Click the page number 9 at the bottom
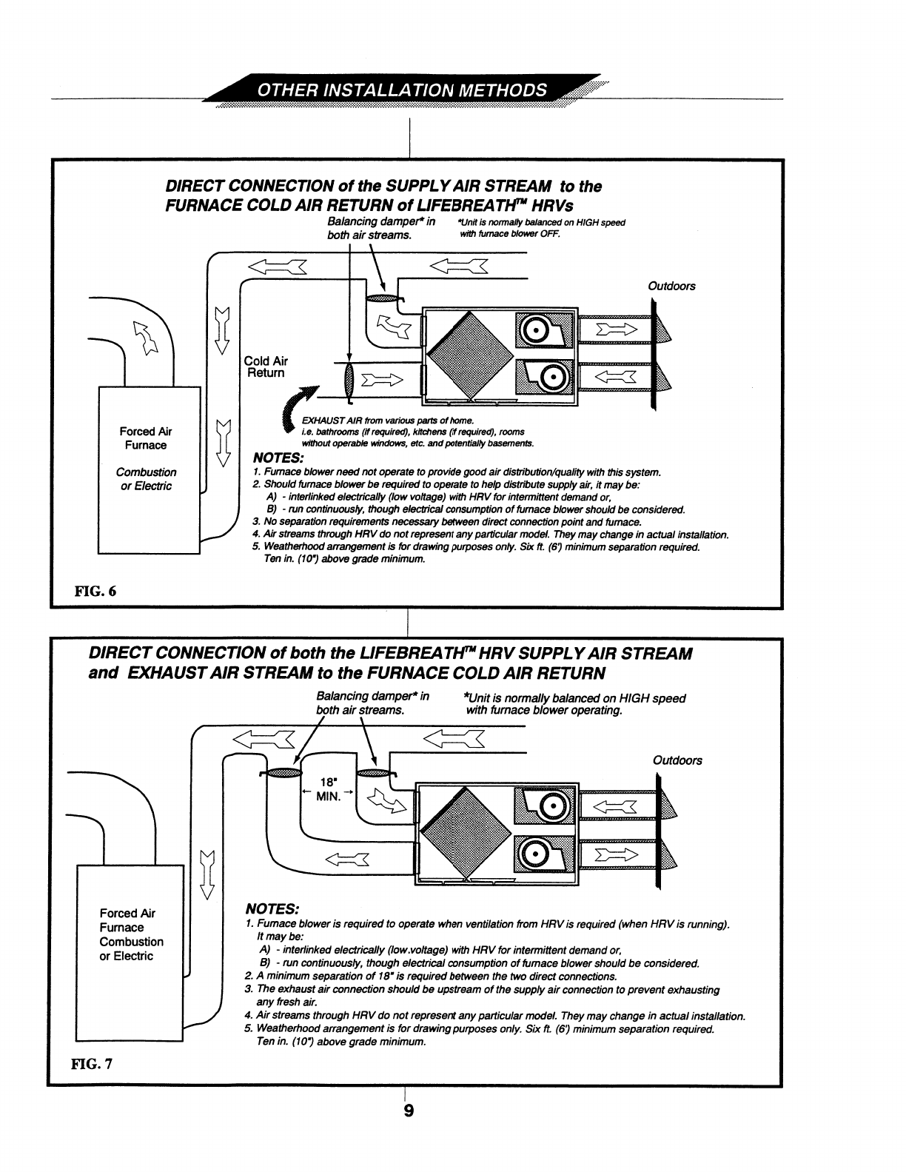coord(408,1111)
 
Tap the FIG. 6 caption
coord(95,591)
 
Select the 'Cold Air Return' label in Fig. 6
coord(266,366)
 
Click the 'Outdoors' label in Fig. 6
coord(671,286)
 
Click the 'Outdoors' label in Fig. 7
coord(677,760)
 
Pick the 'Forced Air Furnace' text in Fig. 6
coord(146,438)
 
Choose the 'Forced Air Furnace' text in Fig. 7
coord(127,920)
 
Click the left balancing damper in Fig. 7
coord(281,774)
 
